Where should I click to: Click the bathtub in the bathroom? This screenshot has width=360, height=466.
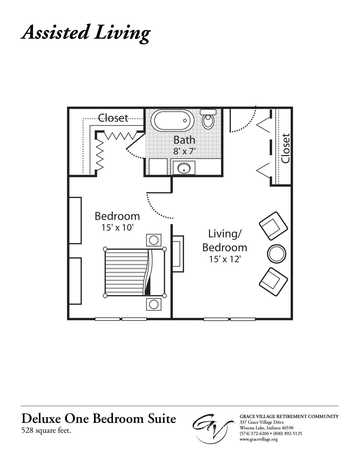coord(173,120)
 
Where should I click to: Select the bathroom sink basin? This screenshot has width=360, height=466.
coord(184,169)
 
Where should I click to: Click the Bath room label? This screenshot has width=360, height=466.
coord(184,140)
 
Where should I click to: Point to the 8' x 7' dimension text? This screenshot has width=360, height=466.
coord(184,152)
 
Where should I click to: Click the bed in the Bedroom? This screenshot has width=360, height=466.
coord(135,272)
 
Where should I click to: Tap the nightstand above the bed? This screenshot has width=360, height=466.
coord(154,240)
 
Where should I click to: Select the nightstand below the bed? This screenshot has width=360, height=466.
coord(154,304)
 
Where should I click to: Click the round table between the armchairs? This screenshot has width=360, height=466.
coord(276,253)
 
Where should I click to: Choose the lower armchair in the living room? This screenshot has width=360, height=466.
coord(273,282)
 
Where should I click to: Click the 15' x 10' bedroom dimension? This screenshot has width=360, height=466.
coord(117,227)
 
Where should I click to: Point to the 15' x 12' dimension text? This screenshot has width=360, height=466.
coord(224,259)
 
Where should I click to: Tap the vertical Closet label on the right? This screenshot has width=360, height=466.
coord(285,148)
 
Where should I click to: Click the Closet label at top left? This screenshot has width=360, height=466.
coord(113,118)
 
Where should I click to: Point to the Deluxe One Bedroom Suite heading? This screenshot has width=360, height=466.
coord(99,419)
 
